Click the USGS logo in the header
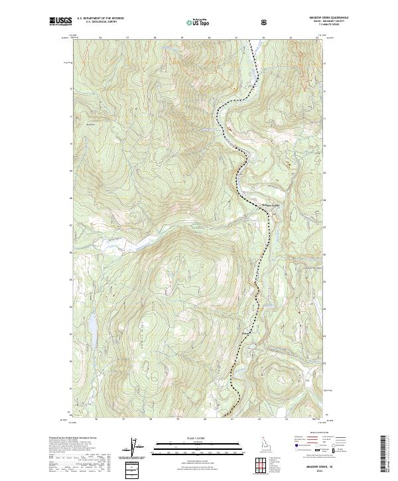pos(60,21)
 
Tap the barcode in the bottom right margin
pos(382,454)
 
